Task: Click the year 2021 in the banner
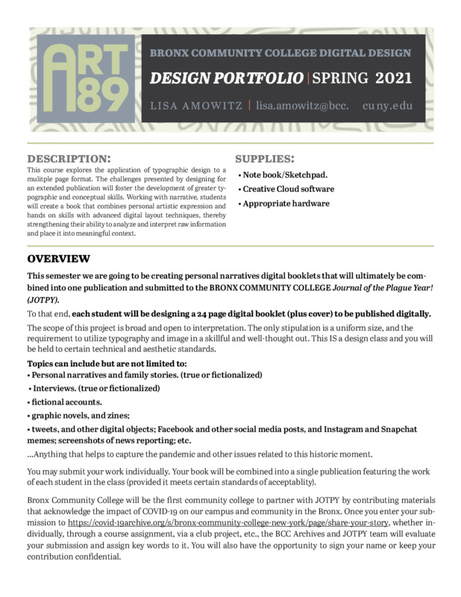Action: tap(393, 78)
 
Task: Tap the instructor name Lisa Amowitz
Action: tap(195, 105)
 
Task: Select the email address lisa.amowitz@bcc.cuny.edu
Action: tap(333, 105)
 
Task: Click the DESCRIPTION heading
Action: tap(69, 158)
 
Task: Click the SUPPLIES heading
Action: tap(264, 158)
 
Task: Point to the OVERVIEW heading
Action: tap(59, 259)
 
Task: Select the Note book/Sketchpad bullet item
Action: tap(283, 175)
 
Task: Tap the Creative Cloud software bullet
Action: tap(286, 189)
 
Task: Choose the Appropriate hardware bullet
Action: tap(284, 203)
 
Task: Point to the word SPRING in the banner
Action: tap(340, 78)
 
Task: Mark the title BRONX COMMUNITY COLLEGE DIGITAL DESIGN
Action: tap(280, 54)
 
